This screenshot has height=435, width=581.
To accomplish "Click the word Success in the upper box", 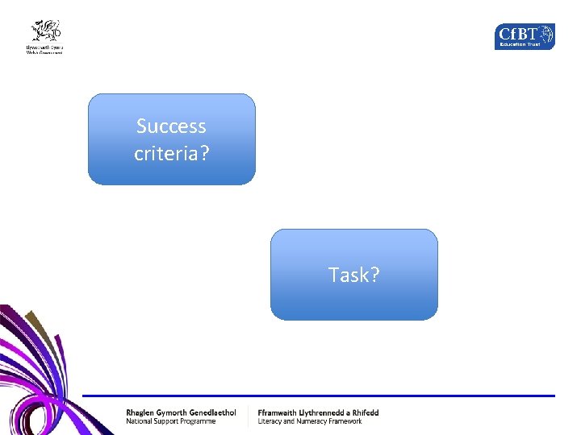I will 171,126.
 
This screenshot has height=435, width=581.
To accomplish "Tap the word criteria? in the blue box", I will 171,152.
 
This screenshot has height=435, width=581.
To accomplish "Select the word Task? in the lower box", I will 353,275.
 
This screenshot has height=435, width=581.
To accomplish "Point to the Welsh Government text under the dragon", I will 44,50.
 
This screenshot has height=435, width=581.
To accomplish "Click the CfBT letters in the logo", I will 517,35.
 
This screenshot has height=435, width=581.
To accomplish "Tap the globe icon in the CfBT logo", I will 546,34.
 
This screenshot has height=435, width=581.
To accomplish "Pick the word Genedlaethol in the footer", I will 210,412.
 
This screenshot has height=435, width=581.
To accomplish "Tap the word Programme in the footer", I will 197,421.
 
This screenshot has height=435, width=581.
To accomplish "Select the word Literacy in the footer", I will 272,421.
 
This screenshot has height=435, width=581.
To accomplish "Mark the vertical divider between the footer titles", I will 248,416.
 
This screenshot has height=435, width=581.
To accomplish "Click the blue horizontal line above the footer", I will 323,396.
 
